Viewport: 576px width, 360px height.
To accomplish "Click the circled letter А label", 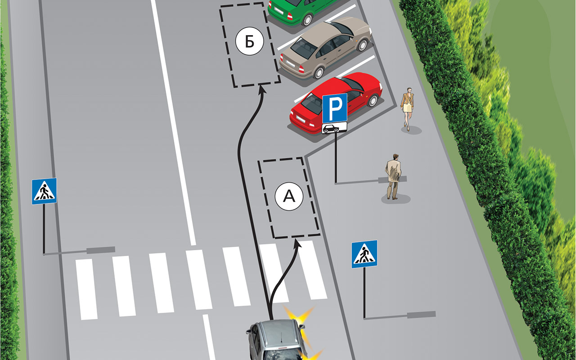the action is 289,197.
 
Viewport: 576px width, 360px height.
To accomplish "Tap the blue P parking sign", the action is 335,108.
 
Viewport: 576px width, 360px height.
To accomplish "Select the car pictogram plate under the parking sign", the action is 334,128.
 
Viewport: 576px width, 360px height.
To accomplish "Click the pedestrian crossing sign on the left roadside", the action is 44,191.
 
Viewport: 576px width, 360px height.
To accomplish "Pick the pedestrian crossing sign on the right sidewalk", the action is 364,254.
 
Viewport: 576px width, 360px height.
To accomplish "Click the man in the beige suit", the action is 393,177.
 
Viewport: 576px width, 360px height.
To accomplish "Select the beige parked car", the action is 325,48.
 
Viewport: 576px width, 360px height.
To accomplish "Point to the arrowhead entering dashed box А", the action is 297,244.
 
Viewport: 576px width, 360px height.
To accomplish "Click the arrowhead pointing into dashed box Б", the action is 262,90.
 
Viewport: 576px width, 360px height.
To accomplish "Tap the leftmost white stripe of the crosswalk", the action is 86,289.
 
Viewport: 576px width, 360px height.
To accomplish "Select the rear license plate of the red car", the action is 301,119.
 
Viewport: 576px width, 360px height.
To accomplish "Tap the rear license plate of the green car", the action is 279,10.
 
